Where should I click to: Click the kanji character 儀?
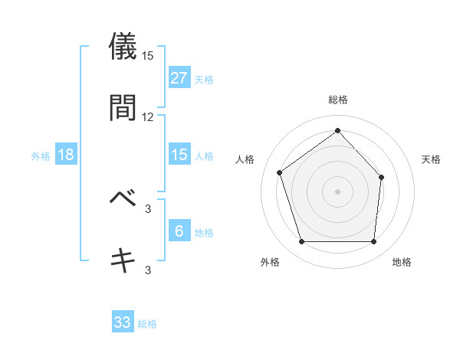click(x=123, y=45)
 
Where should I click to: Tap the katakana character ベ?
click(x=123, y=198)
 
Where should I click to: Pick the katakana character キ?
click(x=123, y=260)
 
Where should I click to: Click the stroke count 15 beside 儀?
click(x=148, y=56)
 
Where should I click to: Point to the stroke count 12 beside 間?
click(x=148, y=117)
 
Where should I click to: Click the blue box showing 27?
click(x=179, y=78)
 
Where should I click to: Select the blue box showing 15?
click(x=179, y=155)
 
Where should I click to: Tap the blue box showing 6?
click(x=179, y=231)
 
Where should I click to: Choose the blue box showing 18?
click(x=66, y=155)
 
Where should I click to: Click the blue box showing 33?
click(x=123, y=322)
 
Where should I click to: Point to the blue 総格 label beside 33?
click(x=147, y=324)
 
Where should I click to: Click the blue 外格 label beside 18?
click(x=41, y=155)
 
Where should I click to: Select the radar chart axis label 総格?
click(x=337, y=100)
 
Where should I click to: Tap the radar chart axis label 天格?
click(x=431, y=159)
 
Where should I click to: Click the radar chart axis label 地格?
click(x=402, y=262)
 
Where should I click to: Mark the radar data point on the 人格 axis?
click(x=280, y=172)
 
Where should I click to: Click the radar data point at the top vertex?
click(x=337, y=130)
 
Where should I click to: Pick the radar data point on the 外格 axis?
click(x=301, y=242)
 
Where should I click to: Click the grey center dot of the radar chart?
click(x=337, y=191)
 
